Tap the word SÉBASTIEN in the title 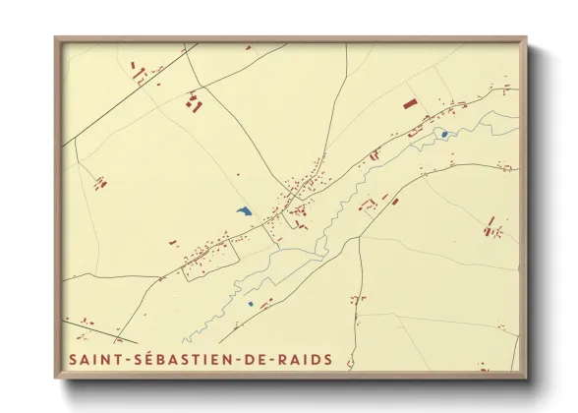[x=185, y=360]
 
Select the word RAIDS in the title [x=304, y=360]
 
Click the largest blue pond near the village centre [x=244, y=211]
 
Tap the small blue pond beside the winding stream [x=444, y=135]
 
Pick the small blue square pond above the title [x=251, y=305]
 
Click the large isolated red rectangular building [x=409, y=101]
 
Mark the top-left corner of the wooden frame [x=55, y=38]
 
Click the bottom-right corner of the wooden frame [x=527, y=379]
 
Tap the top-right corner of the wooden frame [x=527, y=38]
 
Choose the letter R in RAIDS [x=282, y=360]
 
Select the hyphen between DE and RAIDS [x=273, y=361]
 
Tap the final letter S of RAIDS [x=326, y=360]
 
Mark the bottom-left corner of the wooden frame [x=55, y=379]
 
